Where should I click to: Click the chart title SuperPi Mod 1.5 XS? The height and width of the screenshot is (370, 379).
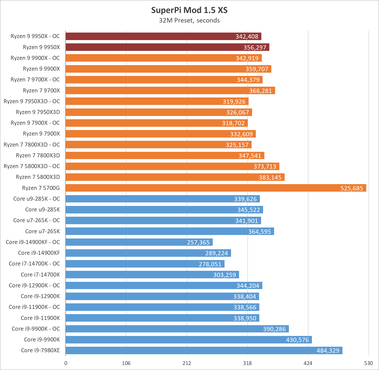click(x=189, y=10)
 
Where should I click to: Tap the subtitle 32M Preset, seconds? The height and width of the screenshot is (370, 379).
click(x=189, y=21)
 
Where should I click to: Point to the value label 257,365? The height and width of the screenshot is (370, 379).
click(x=198, y=242)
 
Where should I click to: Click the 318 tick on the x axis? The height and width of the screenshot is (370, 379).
click(x=247, y=363)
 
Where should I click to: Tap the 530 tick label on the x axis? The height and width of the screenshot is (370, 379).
click(x=368, y=363)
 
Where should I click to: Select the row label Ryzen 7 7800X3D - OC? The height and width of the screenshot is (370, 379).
click(x=32, y=145)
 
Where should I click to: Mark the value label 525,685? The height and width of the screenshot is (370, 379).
click(x=351, y=188)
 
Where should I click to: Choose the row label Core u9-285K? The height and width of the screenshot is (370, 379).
click(x=43, y=209)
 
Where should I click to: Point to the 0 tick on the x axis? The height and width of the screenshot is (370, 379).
click(x=66, y=363)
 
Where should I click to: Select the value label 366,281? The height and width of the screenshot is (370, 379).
click(x=260, y=91)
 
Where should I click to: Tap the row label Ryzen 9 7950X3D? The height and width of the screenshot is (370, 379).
click(x=38, y=112)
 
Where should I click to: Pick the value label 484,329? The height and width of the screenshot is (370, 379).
click(x=328, y=351)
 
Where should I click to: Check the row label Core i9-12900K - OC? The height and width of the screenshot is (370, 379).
click(x=34, y=285)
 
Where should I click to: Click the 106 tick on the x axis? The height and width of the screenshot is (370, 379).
click(x=126, y=363)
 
